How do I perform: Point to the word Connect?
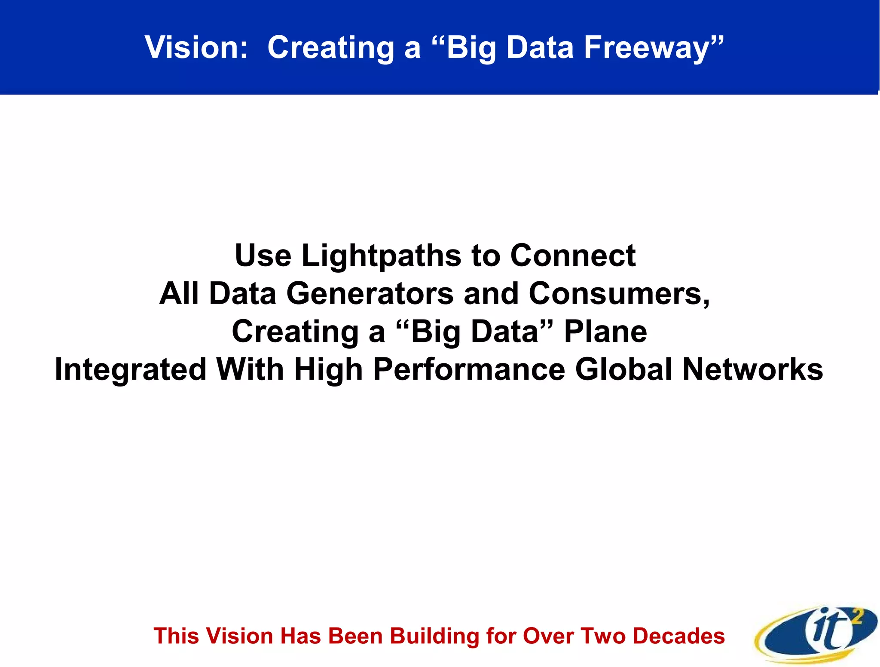pyautogui.click(x=573, y=256)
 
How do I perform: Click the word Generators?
pyautogui.click(x=370, y=294)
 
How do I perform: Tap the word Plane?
pyautogui.click(x=605, y=332)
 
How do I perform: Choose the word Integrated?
pyautogui.click(x=131, y=370)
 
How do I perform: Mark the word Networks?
pyautogui.click(x=752, y=370)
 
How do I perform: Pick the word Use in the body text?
pyautogui.click(x=263, y=256)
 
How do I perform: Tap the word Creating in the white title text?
pyautogui.click(x=331, y=47)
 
